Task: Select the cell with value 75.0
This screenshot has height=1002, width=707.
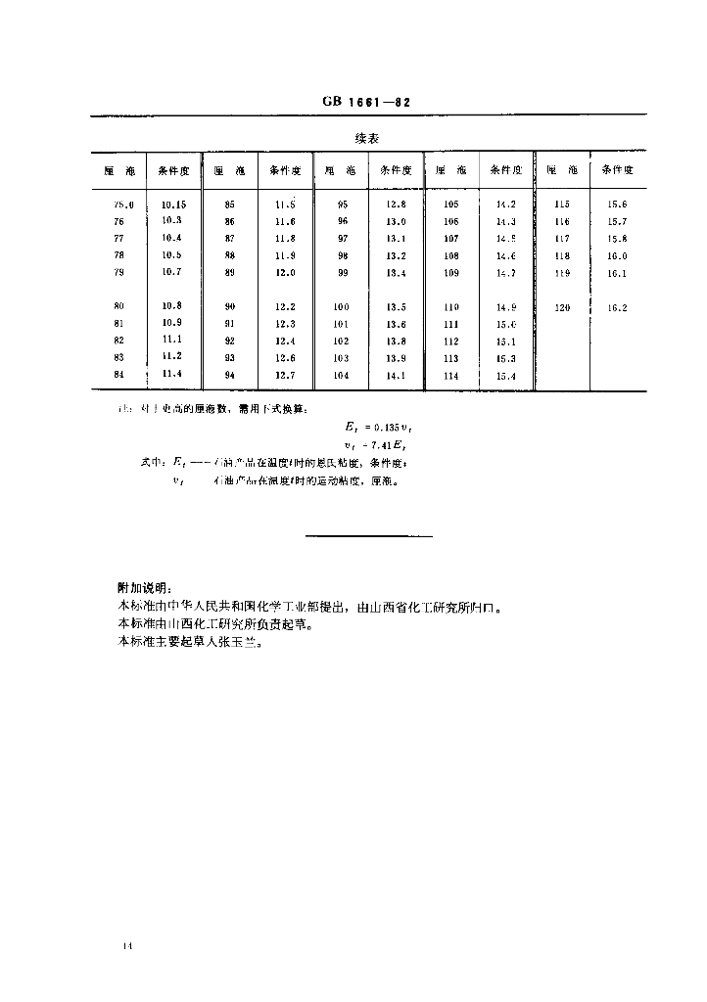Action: [122, 205]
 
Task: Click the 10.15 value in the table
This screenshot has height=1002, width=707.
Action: [174, 205]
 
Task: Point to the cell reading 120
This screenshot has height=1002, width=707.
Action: [561, 307]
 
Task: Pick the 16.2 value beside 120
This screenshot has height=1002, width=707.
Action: [616, 307]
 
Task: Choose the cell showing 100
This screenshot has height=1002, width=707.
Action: [341, 307]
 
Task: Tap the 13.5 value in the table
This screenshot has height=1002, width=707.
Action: [396, 307]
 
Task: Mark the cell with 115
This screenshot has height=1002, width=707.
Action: [561, 205]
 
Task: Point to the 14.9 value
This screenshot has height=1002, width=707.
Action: [505, 307]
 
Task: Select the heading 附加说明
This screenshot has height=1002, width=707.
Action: [144, 588]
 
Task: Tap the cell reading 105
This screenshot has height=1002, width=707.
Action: [450, 205]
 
